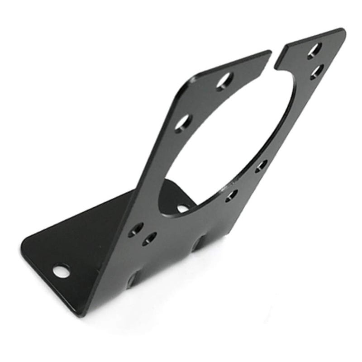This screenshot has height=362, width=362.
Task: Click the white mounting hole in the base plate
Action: pyautogui.click(x=61, y=271)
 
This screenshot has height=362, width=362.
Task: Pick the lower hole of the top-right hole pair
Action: pyautogui.click(x=317, y=71)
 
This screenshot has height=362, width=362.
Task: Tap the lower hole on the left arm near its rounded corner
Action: pyautogui.click(x=183, y=122)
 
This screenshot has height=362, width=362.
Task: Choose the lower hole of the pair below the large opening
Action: pyautogui.click(x=149, y=238)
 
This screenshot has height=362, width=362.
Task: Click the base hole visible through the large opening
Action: pyautogui.click(x=182, y=208)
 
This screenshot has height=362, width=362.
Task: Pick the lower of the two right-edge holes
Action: pyautogui.click(x=232, y=195)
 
